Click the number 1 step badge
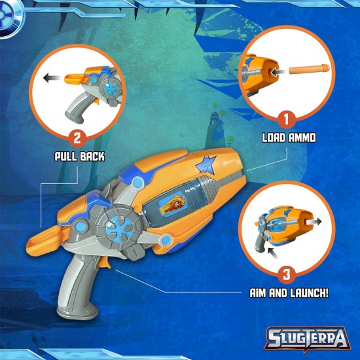pyautogui.click(x=285, y=120)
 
